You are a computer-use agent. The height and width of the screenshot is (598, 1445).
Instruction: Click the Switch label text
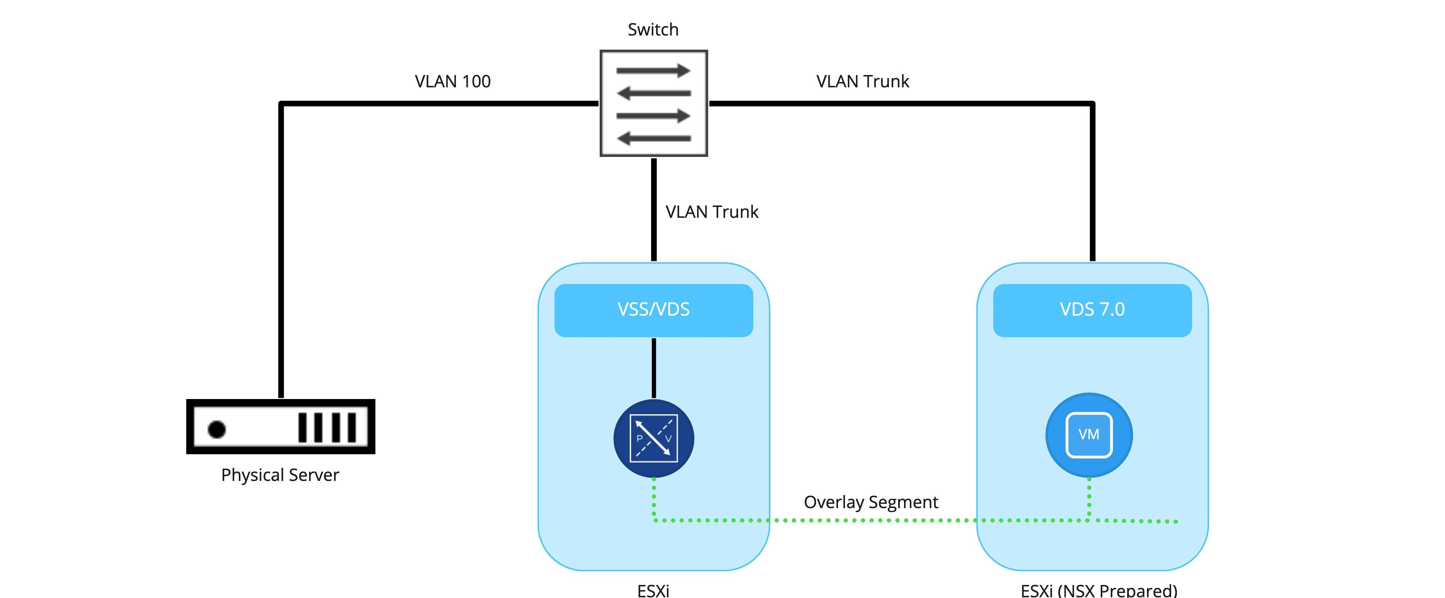[x=653, y=29]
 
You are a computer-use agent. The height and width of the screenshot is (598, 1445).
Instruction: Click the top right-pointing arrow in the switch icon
[x=653, y=71]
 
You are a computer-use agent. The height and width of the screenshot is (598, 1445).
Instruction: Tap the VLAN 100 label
[x=452, y=81]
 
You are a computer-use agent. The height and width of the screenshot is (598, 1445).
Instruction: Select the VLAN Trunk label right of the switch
[x=862, y=81]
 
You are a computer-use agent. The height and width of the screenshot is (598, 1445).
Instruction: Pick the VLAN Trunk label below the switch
[x=711, y=212]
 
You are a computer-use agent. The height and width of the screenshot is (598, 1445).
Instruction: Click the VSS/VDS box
[x=654, y=310]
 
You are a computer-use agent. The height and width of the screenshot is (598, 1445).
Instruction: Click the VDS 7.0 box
[x=1092, y=310]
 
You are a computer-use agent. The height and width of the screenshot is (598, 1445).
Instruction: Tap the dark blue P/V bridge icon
[x=654, y=438]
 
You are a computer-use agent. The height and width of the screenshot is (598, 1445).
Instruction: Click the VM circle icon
[x=1089, y=435]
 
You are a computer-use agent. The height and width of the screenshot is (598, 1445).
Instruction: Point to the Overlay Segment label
[x=871, y=502]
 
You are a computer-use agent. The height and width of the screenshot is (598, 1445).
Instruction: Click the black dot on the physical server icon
[x=217, y=429]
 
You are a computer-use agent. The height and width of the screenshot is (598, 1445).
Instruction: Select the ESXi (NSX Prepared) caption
[x=1098, y=590]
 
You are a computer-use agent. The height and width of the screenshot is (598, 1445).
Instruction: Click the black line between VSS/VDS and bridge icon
[x=654, y=367]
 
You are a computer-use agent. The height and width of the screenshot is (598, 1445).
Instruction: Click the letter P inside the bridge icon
[x=639, y=438]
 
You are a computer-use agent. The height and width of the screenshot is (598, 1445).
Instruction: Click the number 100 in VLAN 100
[x=476, y=81]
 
